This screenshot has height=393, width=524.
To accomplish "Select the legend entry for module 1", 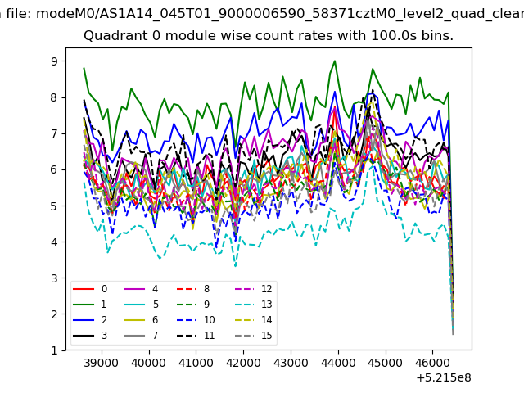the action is click(x=89, y=305).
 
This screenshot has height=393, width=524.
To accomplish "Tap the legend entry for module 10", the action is click(x=196, y=320).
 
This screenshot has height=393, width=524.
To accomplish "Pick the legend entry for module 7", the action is click(x=141, y=336).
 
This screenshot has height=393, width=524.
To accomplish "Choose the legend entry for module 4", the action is click(x=141, y=289).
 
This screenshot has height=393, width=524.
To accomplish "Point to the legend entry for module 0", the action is click(x=89, y=289).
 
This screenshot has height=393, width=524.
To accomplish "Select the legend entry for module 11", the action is click(x=196, y=336).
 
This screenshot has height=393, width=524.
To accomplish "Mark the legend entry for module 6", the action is click(x=141, y=320).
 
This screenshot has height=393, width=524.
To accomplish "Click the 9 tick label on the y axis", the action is click(x=54, y=61).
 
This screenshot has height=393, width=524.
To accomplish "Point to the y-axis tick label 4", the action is click(x=54, y=242).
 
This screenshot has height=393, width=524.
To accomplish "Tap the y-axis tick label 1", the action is click(x=54, y=350).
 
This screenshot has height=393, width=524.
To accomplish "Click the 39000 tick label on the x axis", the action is click(x=102, y=363).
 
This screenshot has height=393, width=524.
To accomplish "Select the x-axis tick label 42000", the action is click(x=243, y=363).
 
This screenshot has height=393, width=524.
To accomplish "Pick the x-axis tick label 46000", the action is click(x=432, y=363).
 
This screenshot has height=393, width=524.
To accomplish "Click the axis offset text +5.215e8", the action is click(x=444, y=377).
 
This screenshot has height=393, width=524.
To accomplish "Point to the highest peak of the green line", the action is click(x=335, y=61).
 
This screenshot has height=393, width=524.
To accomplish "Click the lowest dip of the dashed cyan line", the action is click(x=236, y=266).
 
